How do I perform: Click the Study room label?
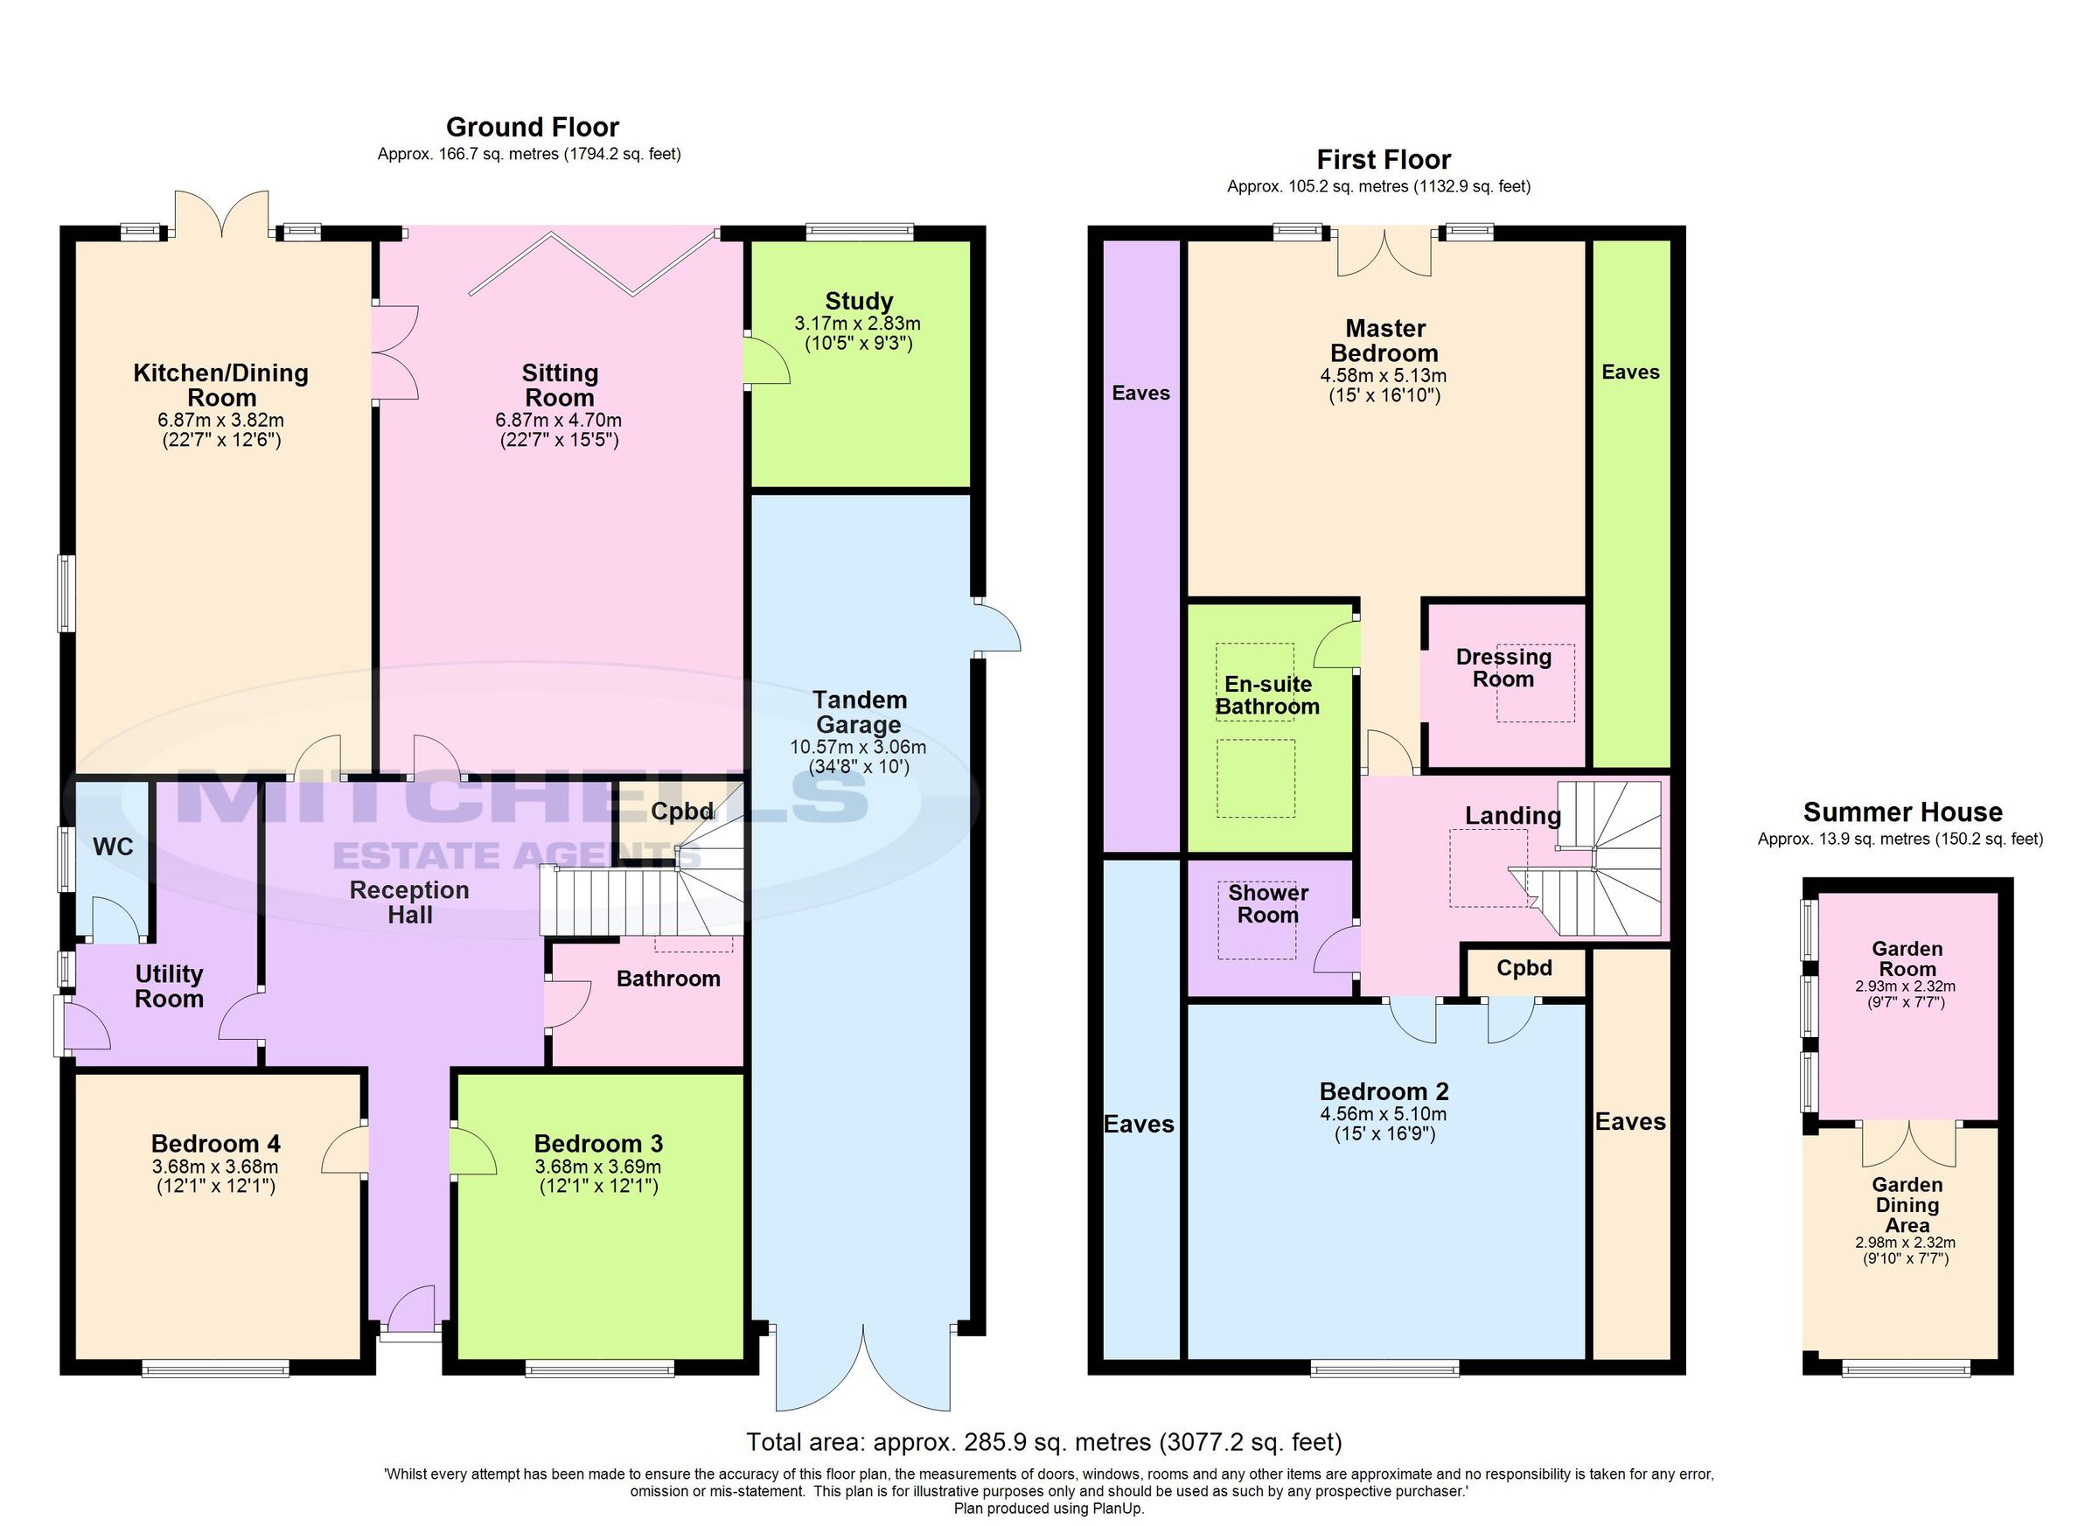pos(858,302)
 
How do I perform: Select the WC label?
pos(113,847)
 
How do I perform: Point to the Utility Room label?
pos(169,986)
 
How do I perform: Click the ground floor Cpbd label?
pos(682,812)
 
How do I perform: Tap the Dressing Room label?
pos(1503,668)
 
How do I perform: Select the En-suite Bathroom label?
pos(1267,696)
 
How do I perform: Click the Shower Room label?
pos(1267,904)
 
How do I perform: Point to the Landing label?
pos(1512,816)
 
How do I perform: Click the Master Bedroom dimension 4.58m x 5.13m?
pos(1383,377)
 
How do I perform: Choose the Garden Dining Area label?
pos(1907,1205)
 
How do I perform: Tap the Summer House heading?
pos(1902,812)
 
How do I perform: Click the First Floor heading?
pos(1383,160)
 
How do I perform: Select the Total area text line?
pos(1043,1442)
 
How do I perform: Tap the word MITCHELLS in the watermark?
pos(523,798)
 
